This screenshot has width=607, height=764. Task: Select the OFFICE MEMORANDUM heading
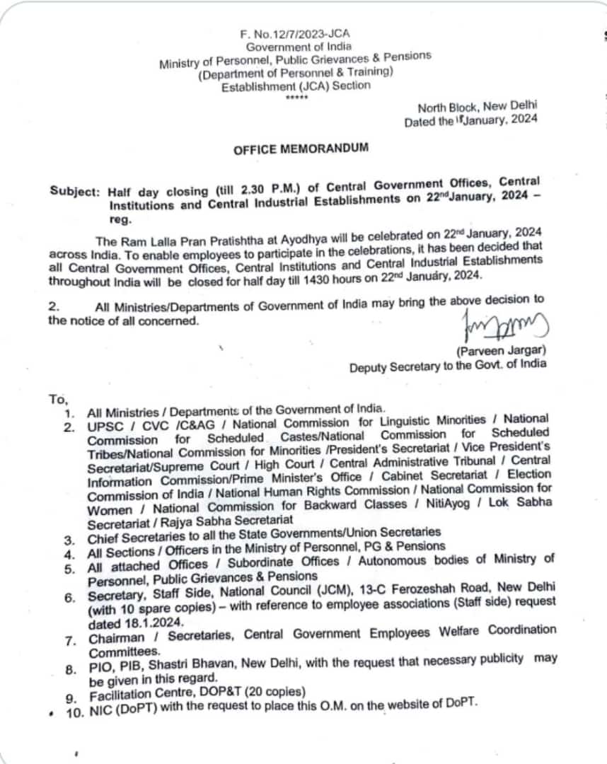pyautogui.click(x=301, y=149)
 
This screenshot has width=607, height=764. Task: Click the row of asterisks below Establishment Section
pyautogui.click(x=293, y=98)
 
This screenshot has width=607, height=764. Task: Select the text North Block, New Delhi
pyautogui.click(x=477, y=107)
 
